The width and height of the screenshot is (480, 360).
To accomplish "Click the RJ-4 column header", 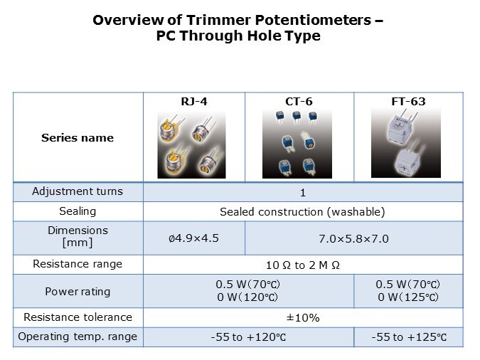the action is tap(194, 102).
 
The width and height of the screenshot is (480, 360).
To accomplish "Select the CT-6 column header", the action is tap(299, 102).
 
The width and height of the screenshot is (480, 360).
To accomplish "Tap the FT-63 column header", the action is tap(408, 102).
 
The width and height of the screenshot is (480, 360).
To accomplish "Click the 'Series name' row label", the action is tap(78, 138).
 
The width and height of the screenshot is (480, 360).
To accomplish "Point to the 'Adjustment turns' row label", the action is tap(78, 191).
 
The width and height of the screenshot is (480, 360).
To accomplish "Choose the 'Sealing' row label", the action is tap(78, 211).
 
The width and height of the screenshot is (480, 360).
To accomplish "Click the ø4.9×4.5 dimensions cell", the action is tap(193, 238).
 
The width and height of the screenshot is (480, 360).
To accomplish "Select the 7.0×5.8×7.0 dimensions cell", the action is tap(354, 238).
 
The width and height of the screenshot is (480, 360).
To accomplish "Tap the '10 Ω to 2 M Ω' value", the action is tap(303, 265).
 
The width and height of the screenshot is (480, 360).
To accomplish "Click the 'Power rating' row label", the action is tap(78, 292).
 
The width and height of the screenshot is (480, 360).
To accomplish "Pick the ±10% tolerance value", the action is tap(303, 318).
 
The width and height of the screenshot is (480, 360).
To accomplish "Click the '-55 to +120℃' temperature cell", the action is tap(248, 337).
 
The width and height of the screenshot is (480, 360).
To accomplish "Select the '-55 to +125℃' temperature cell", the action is tap(409, 337).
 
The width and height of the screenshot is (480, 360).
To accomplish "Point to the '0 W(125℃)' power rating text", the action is tap(408, 297).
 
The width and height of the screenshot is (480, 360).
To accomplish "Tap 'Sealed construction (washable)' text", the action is tap(302, 212).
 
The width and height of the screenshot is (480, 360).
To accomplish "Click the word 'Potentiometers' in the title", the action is tap(313, 20).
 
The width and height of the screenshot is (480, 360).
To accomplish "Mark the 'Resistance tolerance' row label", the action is tap(78, 317).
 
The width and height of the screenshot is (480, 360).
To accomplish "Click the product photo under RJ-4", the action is tap(191, 144).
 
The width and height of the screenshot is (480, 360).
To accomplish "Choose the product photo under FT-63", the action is tap(406, 143).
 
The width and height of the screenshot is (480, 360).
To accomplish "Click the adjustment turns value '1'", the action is tap(303, 193).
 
